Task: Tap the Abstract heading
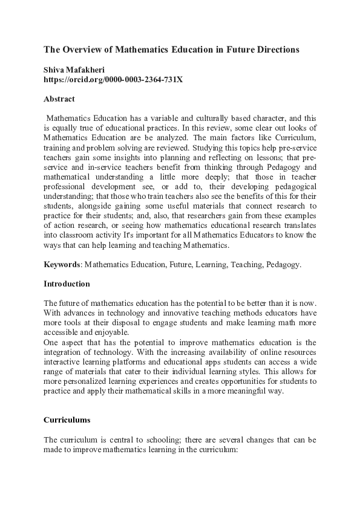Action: tap(59, 98)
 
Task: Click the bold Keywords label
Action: tap(62, 265)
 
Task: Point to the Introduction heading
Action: tap(67, 284)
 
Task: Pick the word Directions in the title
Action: tap(277, 50)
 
